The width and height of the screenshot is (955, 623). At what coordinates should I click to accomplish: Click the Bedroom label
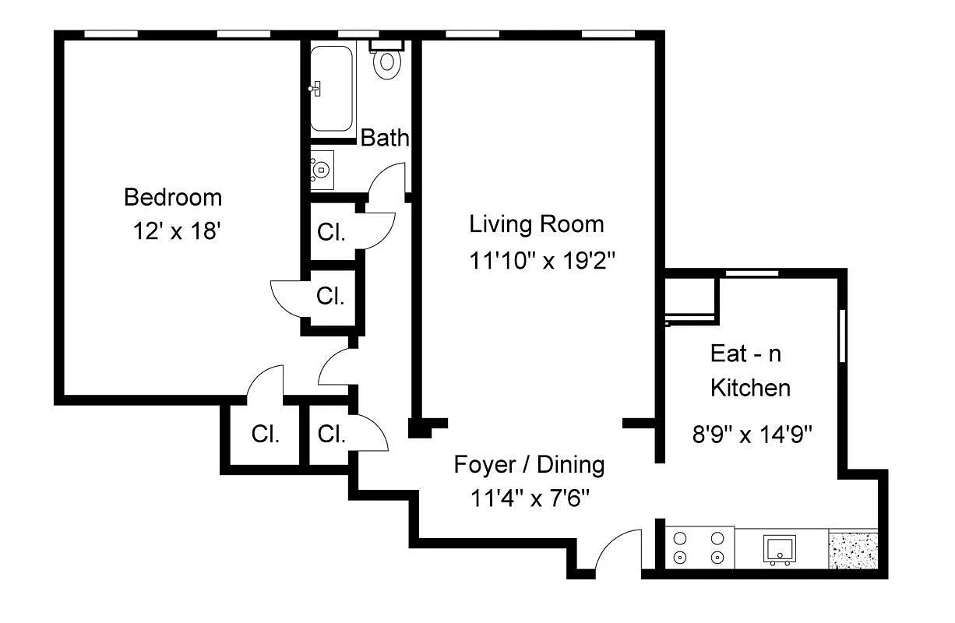click(x=173, y=197)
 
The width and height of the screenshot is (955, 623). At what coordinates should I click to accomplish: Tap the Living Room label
click(x=536, y=224)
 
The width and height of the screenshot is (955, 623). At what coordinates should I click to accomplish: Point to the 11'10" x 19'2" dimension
click(x=542, y=259)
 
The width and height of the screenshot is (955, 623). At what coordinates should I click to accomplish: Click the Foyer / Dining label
click(x=529, y=465)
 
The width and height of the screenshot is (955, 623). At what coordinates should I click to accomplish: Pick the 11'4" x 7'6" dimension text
click(x=529, y=498)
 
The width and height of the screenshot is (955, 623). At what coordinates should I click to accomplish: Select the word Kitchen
click(x=750, y=387)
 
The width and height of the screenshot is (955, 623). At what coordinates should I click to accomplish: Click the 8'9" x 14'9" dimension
click(x=752, y=434)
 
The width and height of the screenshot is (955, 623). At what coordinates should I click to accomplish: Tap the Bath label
click(x=384, y=139)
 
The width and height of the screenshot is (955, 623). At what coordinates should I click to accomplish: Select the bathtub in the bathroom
click(x=332, y=87)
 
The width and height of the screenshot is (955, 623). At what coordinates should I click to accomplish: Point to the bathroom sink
click(x=322, y=169)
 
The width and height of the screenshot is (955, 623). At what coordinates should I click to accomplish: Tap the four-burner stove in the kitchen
click(x=699, y=547)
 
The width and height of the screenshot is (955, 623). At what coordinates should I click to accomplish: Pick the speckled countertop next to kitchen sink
click(x=853, y=551)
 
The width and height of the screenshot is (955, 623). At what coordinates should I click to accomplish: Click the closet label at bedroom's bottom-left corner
click(x=266, y=434)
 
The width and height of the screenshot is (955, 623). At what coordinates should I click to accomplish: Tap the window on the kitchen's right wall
click(x=842, y=336)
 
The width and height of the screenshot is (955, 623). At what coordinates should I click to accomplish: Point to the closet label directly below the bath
click(x=332, y=232)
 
